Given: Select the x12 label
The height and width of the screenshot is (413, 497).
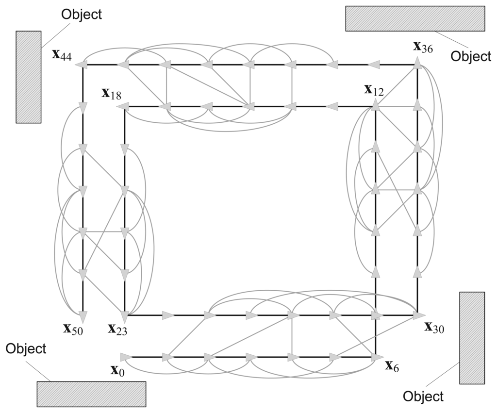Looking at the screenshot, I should pyautogui.click(x=374, y=90).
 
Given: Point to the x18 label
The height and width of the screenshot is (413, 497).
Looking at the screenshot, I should pyautogui.click(x=112, y=93).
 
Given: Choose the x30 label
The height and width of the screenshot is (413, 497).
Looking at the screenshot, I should pyautogui.click(x=434, y=328).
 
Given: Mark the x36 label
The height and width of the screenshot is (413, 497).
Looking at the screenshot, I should pyautogui.click(x=423, y=47).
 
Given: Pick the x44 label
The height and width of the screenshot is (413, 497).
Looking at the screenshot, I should pyautogui.click(x=62, y=55).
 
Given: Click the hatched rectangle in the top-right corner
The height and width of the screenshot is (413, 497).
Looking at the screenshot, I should pyautogui.click(x=415, y=18).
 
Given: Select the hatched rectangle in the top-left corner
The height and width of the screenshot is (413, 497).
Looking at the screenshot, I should pyautogui.click(x=28, y=77).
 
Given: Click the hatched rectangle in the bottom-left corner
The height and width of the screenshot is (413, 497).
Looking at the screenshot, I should pyautogui.click(x=91, y=394).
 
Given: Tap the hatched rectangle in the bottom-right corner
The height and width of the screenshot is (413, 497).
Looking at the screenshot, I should pyautogui.click(x=472, y=338).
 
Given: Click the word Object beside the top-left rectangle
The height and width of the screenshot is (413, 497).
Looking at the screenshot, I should pyautogui.click(x=82, y=14).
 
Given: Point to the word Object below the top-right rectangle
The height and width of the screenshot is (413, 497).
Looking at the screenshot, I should pyautogui.click(x=471, y=56).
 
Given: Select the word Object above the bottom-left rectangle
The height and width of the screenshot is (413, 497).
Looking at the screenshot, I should pyautogui.click(x=26, y=348).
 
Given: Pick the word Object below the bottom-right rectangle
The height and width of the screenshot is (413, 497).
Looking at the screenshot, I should pyautogui.click(x=423, y=396).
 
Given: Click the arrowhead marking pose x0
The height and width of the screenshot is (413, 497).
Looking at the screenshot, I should pyautogui.click(x=126, y=357).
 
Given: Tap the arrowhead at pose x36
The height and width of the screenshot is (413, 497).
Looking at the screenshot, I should pyautogui.click(x=417, y=62).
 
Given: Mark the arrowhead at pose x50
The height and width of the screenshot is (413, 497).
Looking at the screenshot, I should pyautogui.click(x=83, y=317).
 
